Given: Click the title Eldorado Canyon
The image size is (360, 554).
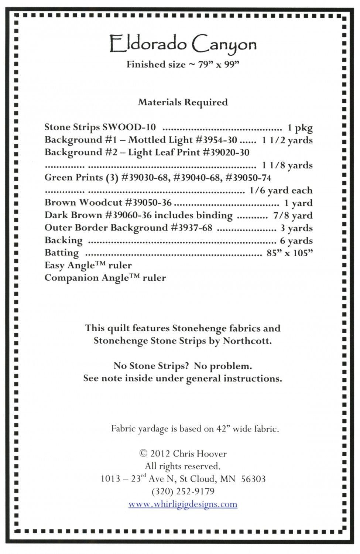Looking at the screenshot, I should (x=183, y=45).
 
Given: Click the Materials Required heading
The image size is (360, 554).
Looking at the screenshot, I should (x=183, y=102).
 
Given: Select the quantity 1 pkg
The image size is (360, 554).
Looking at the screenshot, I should (x=300, y=128).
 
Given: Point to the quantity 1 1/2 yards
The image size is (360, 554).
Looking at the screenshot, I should (x=287, y=140).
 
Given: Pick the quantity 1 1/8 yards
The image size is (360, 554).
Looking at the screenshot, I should (x=287, y=165).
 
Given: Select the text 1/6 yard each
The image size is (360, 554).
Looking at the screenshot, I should (x=281, y=191).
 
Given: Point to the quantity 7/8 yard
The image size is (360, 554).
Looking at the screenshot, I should (x=293, y=216).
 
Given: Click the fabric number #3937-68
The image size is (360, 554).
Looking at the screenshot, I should (x=191, y=228).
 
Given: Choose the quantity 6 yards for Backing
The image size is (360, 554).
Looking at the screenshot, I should (x=296, y=241).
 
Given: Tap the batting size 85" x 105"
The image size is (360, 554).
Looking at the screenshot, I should (x=289, y=253).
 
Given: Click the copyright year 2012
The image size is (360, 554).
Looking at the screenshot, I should (x=160, y=454).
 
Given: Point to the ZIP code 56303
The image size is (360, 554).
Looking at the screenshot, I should (x=253, y=479).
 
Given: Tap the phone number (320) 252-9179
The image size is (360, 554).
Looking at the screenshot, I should (x=183, y=492).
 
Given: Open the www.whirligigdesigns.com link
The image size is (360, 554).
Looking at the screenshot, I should (x=183, y=505).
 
